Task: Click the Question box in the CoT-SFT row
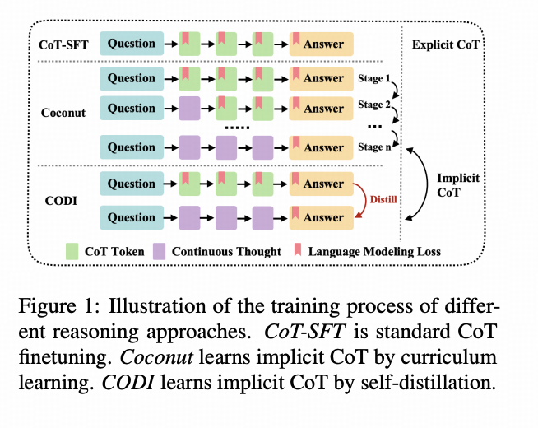(132, 44)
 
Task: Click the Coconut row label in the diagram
(63, 113)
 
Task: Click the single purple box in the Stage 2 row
(188, 109)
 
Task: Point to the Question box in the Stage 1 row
(132, 78)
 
